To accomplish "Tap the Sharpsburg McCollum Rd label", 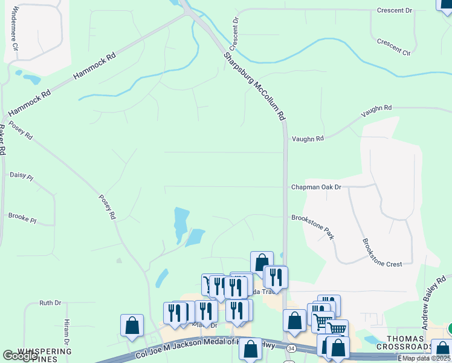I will click(x=254, y=87).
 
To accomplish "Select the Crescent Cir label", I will click(x=393, y=47).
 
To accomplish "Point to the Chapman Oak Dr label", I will click(x=316, y=188).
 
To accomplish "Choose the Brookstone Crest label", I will click(x=381, y=252).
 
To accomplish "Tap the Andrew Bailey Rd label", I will click(x=434, y=308).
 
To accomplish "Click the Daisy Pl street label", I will click(x=22, y=175).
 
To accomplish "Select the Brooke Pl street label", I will click(x=22, y=217).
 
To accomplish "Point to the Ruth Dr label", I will click(x=50, y=302).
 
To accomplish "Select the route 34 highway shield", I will click(x=292, y=349).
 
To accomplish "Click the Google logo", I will click(x=21, y=356).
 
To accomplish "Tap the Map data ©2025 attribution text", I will click(x=426, y=358).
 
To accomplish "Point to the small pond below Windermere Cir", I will click(x=29, y=78).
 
